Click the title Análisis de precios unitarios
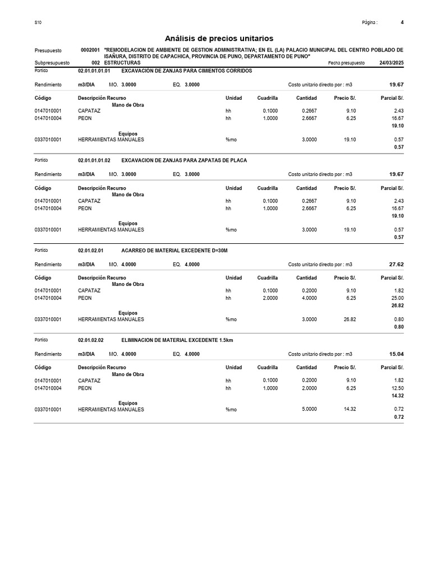(219, 38)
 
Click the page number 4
(402, 22)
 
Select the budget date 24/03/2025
(391, 63)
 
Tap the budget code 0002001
(90, 50)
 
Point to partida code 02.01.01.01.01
(94, 71)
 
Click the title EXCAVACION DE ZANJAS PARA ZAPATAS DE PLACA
(184, 160)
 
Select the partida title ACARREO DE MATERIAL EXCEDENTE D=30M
(175, 250)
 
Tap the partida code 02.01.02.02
(91, 340)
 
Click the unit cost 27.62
(396, 263)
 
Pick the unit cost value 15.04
(396, 354)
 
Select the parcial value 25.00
(397, 298)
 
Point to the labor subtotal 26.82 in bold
(397, 305)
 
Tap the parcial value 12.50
(397, 388)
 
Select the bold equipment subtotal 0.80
(398, 327)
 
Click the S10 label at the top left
(38, 23)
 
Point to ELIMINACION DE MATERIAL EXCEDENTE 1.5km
(177, 340)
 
